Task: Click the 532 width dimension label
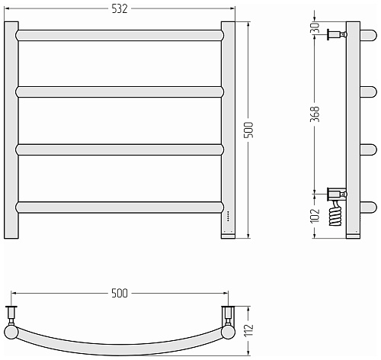pyautogui.click(x=120, y=9)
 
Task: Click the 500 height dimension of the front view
pyautogui.click(x=249, y=130)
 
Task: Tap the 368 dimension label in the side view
pyautogui.click(x=315, y=114)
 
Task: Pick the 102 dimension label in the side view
pyautogui.click(x=315, y=216)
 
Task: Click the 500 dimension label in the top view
pyautogui.click(x=120, y=294)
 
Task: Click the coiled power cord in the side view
pyautogui.click(x=335, y=213)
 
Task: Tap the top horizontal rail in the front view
pyautogui.click(x=120, y=35)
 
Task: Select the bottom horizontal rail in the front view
pyautogui.click(x=120, y=207)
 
